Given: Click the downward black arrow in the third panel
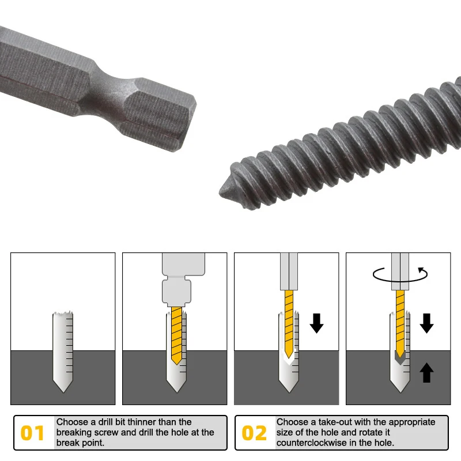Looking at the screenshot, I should point(316,323).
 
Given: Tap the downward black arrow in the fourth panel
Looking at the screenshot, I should point(426,323).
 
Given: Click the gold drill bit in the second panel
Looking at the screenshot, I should point(177,335).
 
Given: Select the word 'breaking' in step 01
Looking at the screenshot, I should point(74,432).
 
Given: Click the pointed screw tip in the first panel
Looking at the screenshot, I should point(62,387).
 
